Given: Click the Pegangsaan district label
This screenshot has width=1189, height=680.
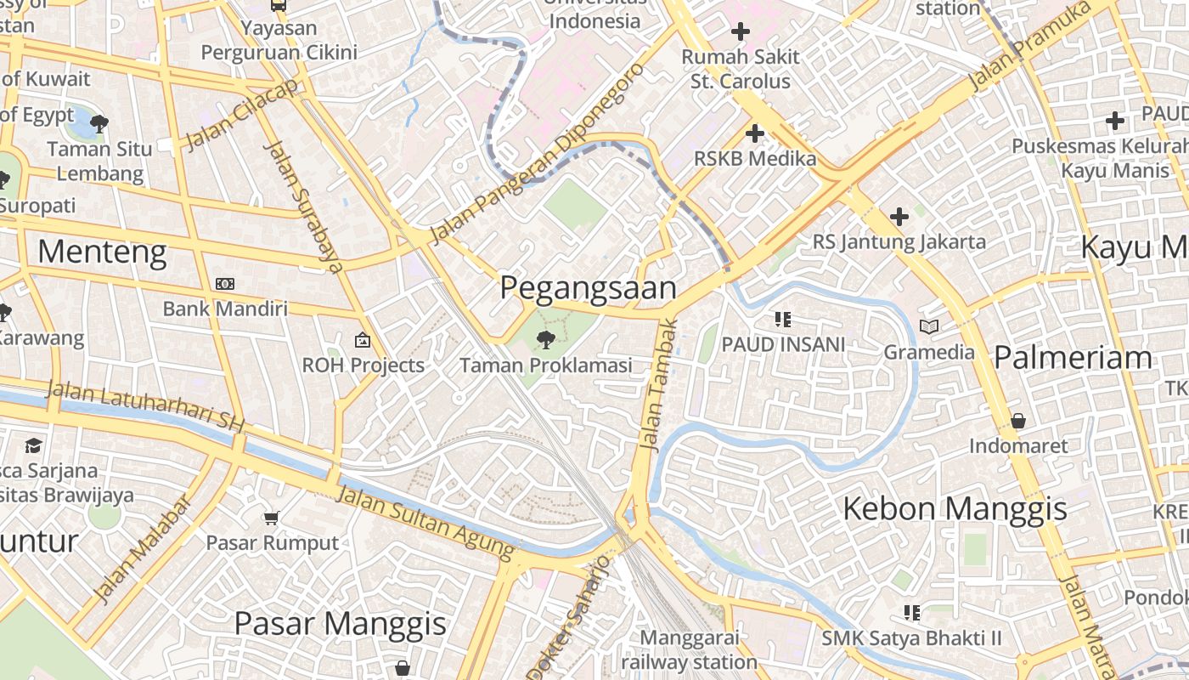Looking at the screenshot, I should (588, 288).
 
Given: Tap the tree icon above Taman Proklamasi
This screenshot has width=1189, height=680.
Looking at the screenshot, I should (545, 340).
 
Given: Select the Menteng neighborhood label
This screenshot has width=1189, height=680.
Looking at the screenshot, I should (102, 252).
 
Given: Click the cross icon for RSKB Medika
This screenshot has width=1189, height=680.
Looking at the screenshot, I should (754, 133).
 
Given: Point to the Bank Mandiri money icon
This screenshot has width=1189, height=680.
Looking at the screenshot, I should (224, 284).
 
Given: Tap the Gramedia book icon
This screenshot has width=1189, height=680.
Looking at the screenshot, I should (929, 326).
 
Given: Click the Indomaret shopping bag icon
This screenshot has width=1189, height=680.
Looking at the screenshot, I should (1017, 421).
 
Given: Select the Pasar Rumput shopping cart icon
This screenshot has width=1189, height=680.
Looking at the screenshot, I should (271, 518).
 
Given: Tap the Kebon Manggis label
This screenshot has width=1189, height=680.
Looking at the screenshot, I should (955, 509).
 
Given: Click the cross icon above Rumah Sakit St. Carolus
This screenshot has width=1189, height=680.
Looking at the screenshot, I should (741, 32).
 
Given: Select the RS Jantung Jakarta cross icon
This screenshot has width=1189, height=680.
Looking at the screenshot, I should (899, 217).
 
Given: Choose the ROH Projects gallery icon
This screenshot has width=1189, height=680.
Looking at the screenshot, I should (363, 340).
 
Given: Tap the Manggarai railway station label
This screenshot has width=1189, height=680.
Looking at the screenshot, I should (689, 649).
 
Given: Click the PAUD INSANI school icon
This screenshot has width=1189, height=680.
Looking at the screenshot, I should (782, 320).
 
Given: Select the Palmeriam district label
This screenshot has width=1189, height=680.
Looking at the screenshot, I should (1073, 358).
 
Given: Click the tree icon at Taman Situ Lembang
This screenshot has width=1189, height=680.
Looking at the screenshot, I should (99, 124).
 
